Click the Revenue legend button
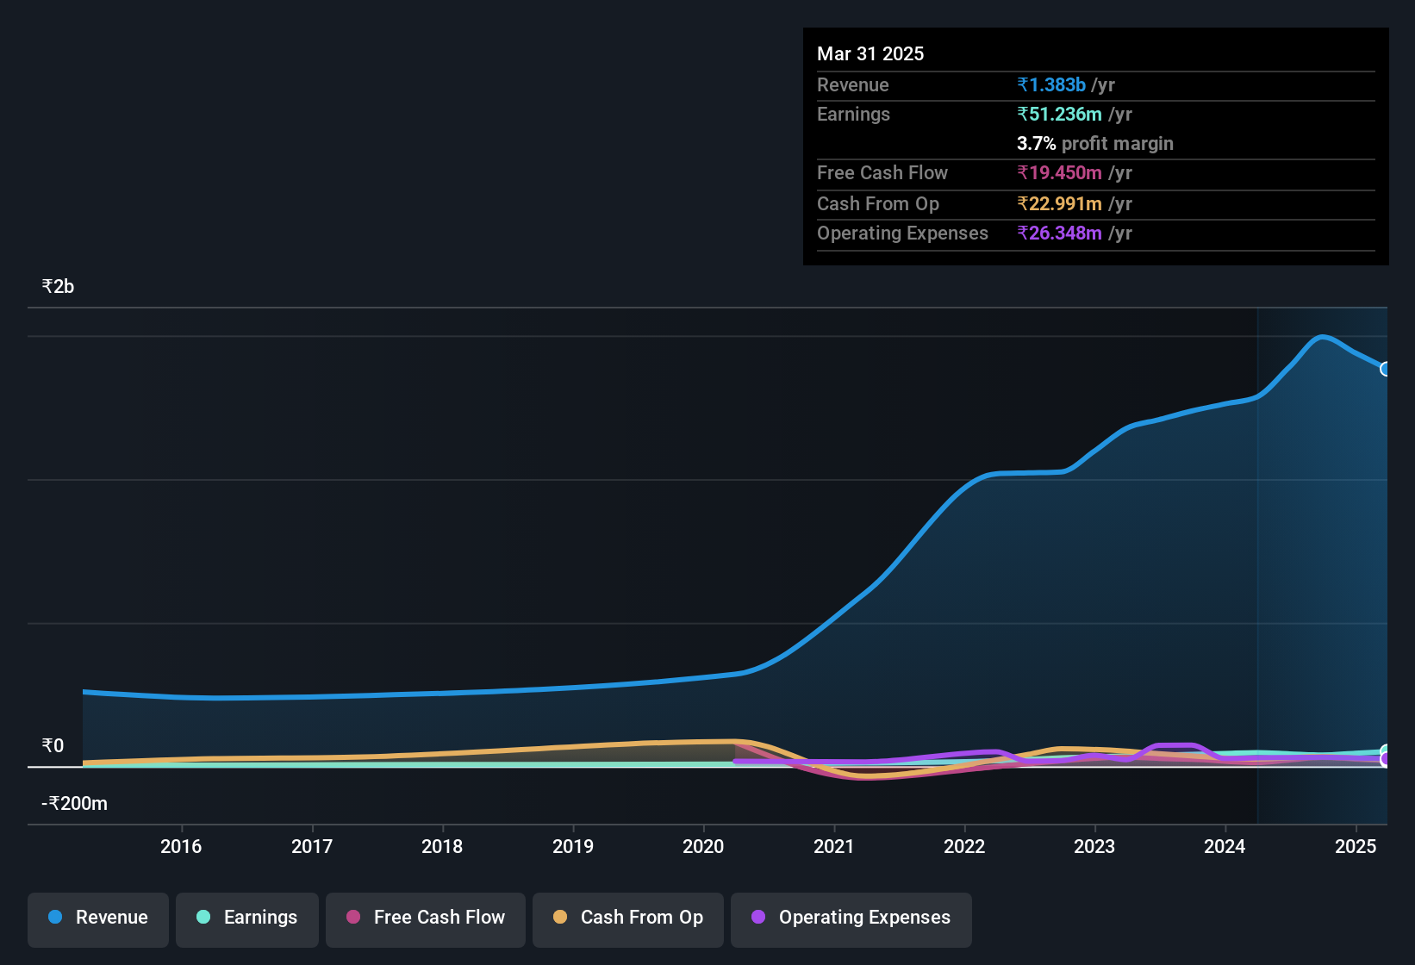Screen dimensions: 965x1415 pos(98,918)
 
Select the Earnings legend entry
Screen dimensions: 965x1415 pos(247,918)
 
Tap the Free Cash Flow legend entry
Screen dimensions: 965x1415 pos(426,918)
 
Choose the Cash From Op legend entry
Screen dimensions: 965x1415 pos(628,918)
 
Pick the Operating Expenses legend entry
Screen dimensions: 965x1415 pos(851,918)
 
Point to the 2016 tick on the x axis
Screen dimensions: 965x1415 pos(181,846)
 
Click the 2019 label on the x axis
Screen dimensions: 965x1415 pos(573,846)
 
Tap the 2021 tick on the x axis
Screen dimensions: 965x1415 pos(834,846)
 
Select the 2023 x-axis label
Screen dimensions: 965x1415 pos(1094,846)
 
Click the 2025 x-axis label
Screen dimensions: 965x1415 pos(1356,846)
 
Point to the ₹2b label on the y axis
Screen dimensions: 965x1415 pos(59,287)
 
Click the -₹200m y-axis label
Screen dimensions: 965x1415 pos(75,804)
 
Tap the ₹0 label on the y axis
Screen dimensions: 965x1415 pos(53,746)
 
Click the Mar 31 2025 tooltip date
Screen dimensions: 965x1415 pos(870,54)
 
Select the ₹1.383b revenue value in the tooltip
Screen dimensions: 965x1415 pos(1051,85)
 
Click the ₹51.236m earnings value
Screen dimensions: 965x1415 pos(1059,115)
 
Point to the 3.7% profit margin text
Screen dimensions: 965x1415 pos(1094,144)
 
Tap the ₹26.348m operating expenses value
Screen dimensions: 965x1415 pos(1059,233)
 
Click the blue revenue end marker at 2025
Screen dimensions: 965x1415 pos(1386,369)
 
